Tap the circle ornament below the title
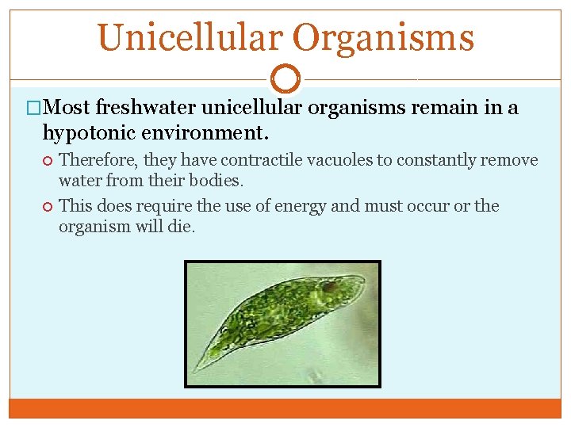coord(285,79)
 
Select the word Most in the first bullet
coord(68,107)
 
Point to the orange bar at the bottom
coord(285,408)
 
